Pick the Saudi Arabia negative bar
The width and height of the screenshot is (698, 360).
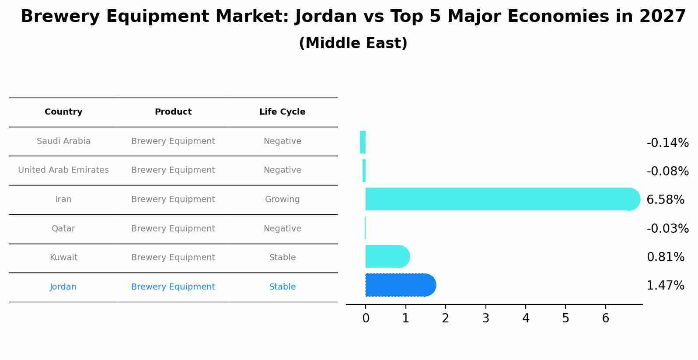click(363, 142)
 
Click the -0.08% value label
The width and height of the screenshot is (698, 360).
click(667, 171)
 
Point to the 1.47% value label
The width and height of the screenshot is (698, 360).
click(665, 286)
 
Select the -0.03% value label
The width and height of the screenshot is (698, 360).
click(667, 228)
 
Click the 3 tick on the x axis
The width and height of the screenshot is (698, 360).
click(485, 318)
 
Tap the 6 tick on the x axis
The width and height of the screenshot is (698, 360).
click(605, 318)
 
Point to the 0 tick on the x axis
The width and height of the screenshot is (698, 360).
click(366, 318)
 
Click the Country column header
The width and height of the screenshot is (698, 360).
click(63, 112)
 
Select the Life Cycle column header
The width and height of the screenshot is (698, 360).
click(282, 112)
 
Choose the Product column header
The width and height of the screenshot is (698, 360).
click(173, 112)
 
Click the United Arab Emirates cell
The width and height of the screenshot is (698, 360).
click(63, 170)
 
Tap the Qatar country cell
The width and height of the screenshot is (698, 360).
click(63, 229)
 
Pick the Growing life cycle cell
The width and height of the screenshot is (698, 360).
click(282, 199)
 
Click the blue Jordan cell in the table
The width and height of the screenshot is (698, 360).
click(63, 287)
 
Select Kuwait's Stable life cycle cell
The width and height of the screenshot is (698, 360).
click(282, 258)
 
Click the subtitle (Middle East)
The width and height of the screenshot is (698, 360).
click(353, 43)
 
